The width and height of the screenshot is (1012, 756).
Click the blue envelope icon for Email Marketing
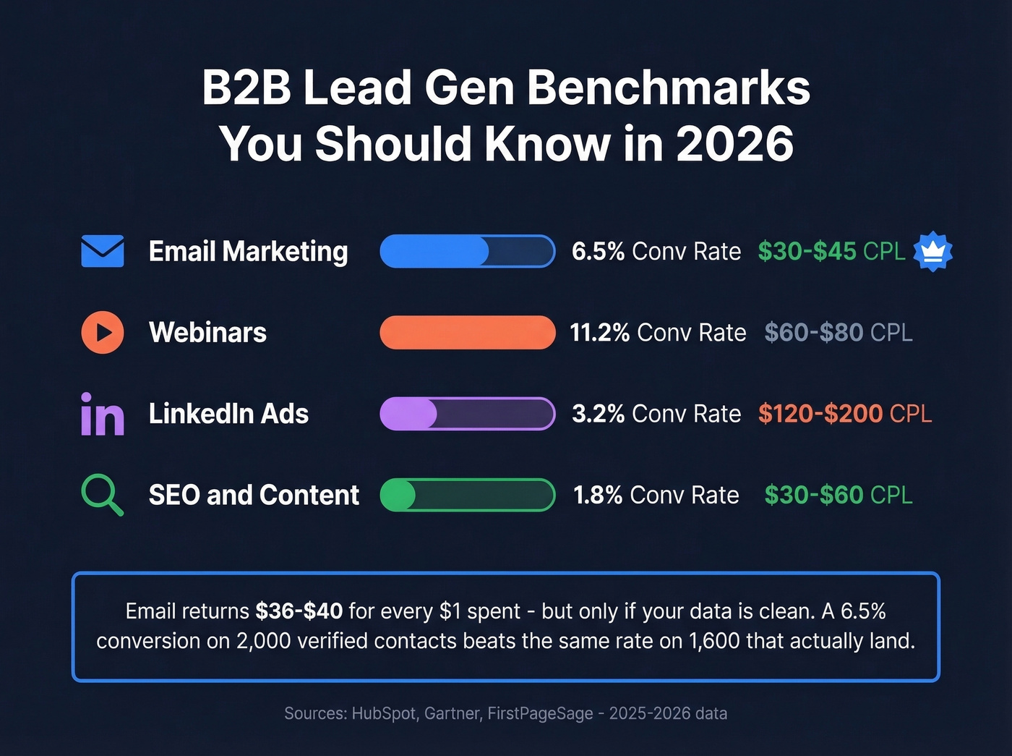point(103,251)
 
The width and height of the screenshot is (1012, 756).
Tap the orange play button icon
point(103,332)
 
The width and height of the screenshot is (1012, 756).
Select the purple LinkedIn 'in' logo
point(103,415)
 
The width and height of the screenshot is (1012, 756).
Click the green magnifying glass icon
point(102,495)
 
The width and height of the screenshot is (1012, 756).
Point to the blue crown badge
point(932,251)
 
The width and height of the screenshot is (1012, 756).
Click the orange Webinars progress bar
point(467,333)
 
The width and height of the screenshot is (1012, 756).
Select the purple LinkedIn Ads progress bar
point(467,414)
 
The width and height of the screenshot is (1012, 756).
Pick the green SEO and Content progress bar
point(467,495)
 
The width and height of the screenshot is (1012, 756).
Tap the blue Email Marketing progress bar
point(467,251)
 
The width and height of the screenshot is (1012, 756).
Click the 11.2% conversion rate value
point(599,333)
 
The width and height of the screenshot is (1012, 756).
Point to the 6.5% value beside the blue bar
point(598,251)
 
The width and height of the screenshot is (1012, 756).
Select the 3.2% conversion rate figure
point(598,414)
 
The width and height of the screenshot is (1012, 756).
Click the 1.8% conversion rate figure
point(597,495)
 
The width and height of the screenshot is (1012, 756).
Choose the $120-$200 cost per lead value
point(820,414)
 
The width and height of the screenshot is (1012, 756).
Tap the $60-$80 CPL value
point(814,333)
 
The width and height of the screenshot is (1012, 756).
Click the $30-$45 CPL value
point(807,251)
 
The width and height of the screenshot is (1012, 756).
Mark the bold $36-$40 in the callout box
point(299,611)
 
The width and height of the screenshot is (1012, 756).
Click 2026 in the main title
point(734,143)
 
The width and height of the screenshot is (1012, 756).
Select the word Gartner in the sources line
point(453,713)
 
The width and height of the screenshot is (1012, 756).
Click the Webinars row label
point(207,333)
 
